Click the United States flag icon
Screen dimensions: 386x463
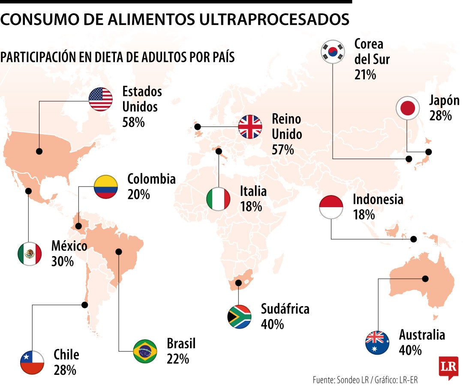click(101, 100)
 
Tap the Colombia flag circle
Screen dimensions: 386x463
click(106, 187)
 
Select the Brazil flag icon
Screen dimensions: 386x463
click(145, 351)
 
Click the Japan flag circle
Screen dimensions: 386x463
click(407, 108)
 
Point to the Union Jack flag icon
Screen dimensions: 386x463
click(250, 127)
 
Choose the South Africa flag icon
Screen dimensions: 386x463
click(239, 317)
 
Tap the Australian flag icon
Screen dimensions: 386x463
click(377, 343)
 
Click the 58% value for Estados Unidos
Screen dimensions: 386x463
click(133, 122)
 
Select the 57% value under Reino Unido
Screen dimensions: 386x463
click(283, 150)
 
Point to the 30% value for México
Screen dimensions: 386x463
click(63, 261)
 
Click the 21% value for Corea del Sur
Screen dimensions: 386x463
click(365, 75)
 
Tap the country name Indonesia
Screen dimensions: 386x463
click(378, 199)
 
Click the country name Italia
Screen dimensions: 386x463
click(253, 191)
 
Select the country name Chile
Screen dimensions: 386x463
click(66, 355)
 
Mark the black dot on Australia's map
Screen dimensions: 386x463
click(425, 278)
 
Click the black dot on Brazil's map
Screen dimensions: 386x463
click(119, 252)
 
